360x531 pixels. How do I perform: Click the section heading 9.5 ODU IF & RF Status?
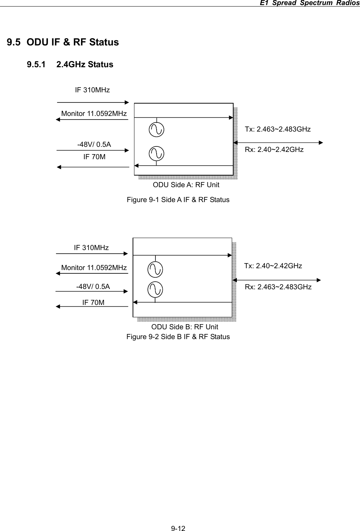[x=63, y=42]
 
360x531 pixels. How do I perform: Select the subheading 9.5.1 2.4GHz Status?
[x=70, y=65]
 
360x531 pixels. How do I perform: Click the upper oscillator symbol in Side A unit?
[x=157, y=130]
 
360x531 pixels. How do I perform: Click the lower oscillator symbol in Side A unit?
[x=157, y=153]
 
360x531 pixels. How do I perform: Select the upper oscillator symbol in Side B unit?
[x=155, y=269]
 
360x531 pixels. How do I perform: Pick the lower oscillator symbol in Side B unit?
[x=155, y=289]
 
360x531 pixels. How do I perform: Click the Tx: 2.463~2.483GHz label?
[x=278, y=129]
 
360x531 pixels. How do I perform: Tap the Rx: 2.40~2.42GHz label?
[x=274, y=149]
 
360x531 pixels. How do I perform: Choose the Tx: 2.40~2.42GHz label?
[x=273, y=266]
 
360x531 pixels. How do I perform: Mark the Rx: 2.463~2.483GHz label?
[x=278, y=287]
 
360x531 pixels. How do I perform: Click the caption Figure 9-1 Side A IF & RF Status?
[x=178, y=200]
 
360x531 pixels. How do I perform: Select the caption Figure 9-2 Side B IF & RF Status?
[x=178, y=337]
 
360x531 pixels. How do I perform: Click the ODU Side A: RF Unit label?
[x=186, y=185]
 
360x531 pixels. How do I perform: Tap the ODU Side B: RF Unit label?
[x=185, y=327]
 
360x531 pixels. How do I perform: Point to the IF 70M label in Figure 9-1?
[x=94, y=157]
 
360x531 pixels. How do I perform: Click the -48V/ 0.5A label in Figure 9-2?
[x=93, y=286]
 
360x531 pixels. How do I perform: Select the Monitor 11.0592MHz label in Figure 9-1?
[x=94, y=114]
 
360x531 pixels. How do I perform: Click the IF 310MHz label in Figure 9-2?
[x=91, y=248]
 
